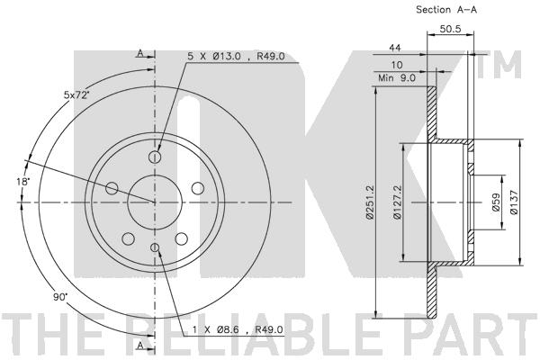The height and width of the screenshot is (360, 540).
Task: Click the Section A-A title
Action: point(446,10)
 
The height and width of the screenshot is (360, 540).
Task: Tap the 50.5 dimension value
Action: point(450,29)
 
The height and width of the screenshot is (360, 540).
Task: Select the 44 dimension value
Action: point(395,48)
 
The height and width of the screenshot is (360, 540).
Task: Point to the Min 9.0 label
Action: point(397,78)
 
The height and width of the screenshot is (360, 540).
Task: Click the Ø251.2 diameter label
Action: point(370,202)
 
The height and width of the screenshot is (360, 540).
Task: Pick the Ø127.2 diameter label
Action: point(397,202)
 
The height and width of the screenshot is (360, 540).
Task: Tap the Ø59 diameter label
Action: point(496,202)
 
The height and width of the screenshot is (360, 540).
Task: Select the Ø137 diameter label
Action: point(514,202)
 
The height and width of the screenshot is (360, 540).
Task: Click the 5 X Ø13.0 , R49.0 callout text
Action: point(236,56)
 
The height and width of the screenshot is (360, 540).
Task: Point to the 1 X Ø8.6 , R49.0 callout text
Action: point(238,329)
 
